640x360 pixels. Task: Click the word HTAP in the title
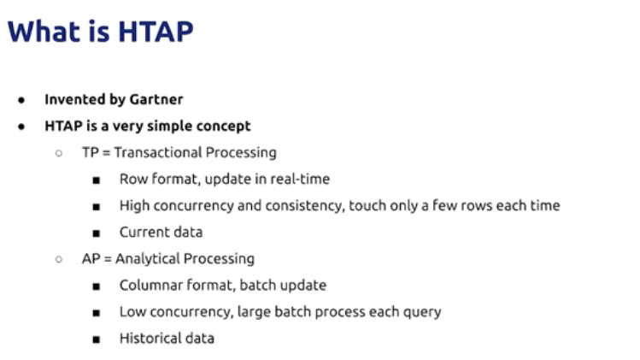pos(156,32)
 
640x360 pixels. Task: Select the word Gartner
pos(156,99)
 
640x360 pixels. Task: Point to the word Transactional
pos(158,152)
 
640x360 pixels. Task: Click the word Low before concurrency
pos(132,312)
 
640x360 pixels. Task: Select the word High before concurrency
pos(134,205)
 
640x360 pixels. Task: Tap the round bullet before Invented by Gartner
pos(21,100)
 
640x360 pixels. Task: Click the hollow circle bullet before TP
pos(59,153)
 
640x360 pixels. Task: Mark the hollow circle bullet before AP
pos(59,259)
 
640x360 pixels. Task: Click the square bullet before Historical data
pos(97,339)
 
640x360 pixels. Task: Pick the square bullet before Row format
pos(97,180)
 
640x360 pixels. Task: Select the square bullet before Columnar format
pos(97,286)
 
